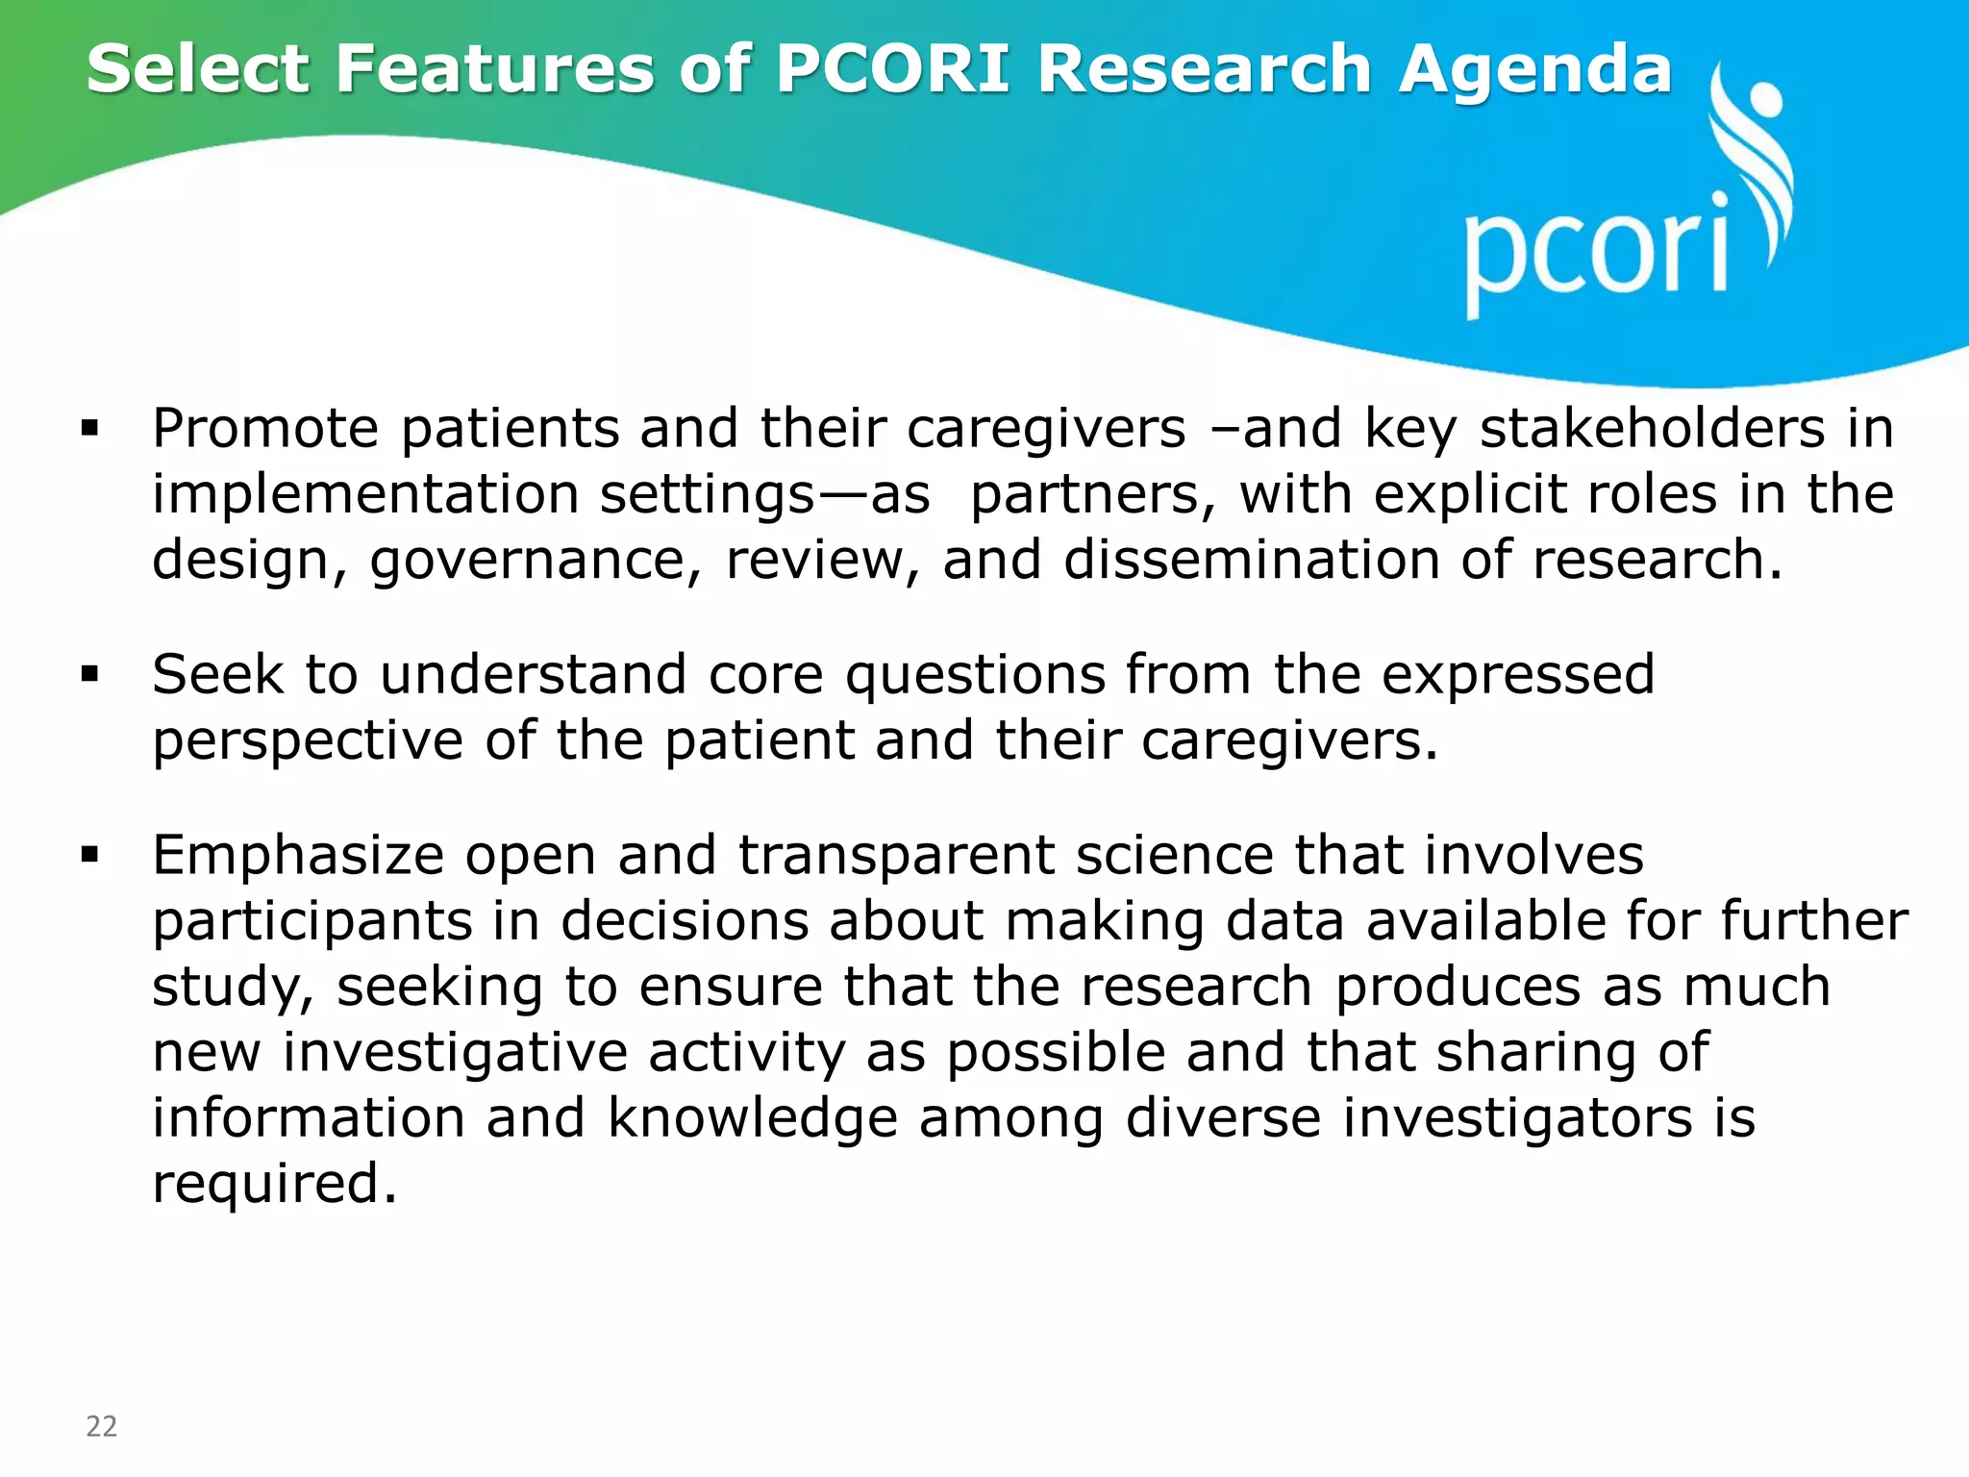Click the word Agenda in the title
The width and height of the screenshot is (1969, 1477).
click(x=1535, y=69)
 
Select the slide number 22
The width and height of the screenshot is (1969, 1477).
click(x=102, y=1426)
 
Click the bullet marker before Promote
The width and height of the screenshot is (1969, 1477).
click(x=90, y=429)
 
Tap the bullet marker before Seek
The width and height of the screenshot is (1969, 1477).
click(x=90, y=675)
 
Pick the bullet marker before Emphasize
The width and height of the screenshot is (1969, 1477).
click(x=90, y=855)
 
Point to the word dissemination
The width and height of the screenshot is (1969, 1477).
click(x=1251, y=560)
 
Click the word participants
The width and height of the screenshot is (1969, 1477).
click(x=312, y=922)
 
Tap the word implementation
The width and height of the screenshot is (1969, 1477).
click(x=364, y=494)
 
